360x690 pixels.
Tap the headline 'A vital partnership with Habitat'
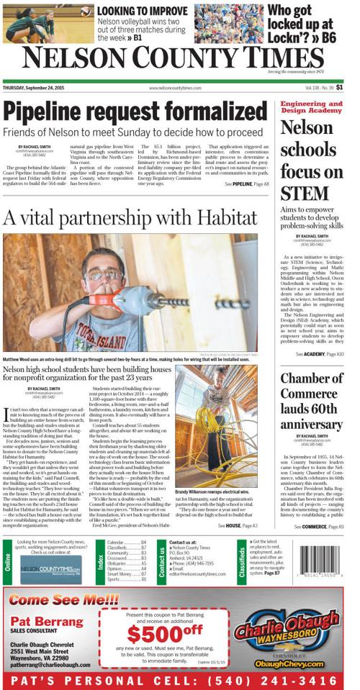130,217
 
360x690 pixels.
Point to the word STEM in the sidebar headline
305,193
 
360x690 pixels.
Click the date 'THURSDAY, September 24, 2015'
32,88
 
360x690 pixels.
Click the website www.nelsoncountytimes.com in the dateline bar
175,88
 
